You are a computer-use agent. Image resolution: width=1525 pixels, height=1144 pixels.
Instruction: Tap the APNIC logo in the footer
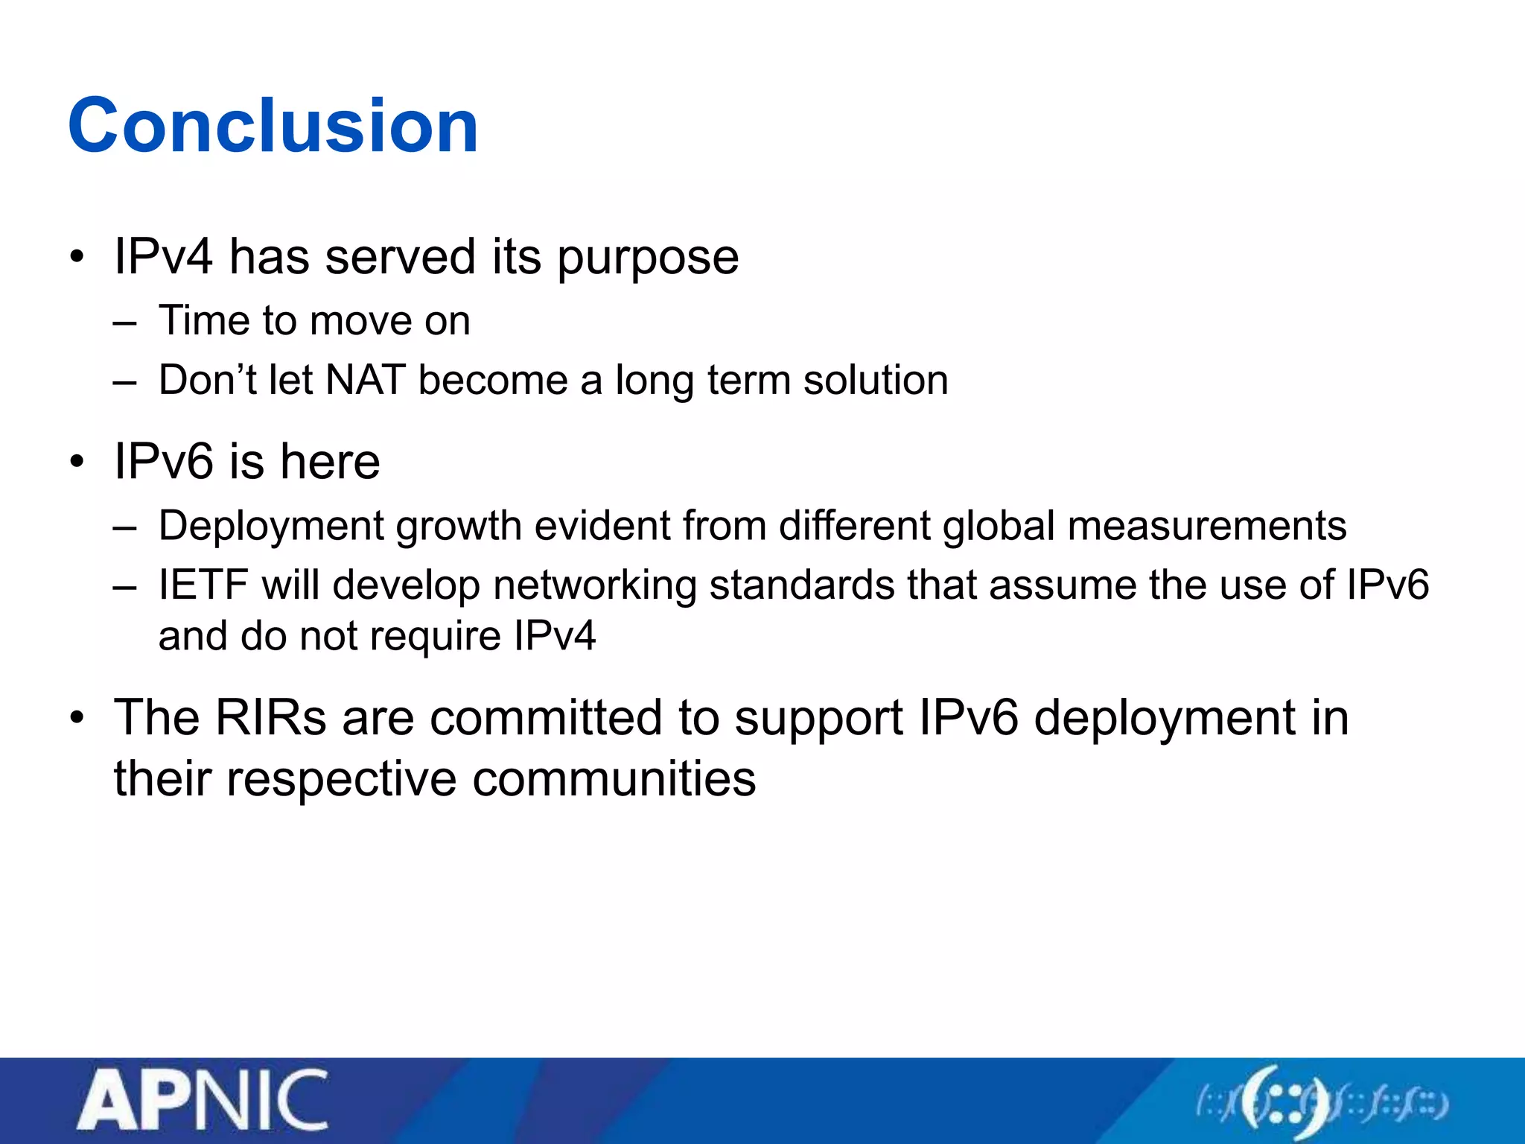pos(203,1100)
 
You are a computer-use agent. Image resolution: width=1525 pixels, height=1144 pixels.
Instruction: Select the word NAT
pos(366,380)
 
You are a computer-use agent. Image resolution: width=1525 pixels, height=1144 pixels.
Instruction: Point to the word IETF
pos(203,585)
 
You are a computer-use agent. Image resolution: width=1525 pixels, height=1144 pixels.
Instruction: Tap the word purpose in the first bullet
pos(647,258)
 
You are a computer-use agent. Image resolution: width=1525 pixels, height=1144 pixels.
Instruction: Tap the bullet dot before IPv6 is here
pos(77,461)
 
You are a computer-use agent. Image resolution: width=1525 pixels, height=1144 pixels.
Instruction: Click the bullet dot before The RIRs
pos(77,717)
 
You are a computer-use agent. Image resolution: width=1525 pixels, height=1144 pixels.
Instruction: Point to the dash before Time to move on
pos(125,322)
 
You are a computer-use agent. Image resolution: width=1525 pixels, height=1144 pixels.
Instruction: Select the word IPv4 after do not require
pos(555,636)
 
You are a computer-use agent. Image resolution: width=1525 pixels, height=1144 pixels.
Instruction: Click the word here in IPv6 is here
pos(330,461)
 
